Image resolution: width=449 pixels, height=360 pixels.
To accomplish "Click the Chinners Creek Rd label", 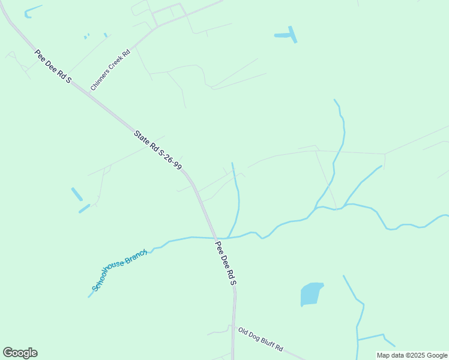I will point(110,71).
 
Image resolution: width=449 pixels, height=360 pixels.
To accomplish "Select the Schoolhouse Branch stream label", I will point(119,271).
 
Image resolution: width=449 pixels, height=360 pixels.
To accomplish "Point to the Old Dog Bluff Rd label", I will point(260,340).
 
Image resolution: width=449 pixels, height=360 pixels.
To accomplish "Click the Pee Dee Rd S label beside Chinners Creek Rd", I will point(53,67).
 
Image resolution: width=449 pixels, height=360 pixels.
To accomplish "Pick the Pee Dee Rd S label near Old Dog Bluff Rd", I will point(226,263).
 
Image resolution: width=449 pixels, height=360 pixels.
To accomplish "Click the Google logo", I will point(20,353).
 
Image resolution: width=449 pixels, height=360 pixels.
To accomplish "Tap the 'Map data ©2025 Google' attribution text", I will point(412,355).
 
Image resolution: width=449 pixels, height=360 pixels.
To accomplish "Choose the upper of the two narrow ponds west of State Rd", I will point(77,194).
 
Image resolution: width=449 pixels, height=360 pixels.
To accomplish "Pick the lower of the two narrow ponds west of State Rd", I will point(84,209).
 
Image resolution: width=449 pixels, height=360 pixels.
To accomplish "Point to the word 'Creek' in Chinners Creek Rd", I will point(112,68).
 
